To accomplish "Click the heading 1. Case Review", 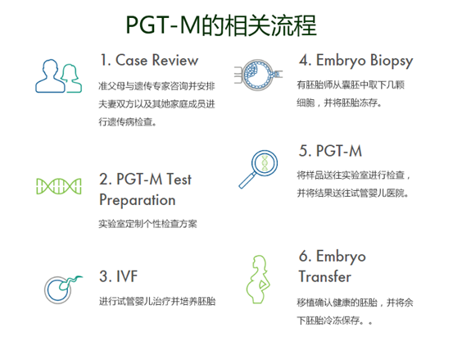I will (148, 61).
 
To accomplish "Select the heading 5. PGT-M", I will (330, 151).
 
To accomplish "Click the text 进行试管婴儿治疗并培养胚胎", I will (156, 301).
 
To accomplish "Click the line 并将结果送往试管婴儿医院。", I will (353, 194).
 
